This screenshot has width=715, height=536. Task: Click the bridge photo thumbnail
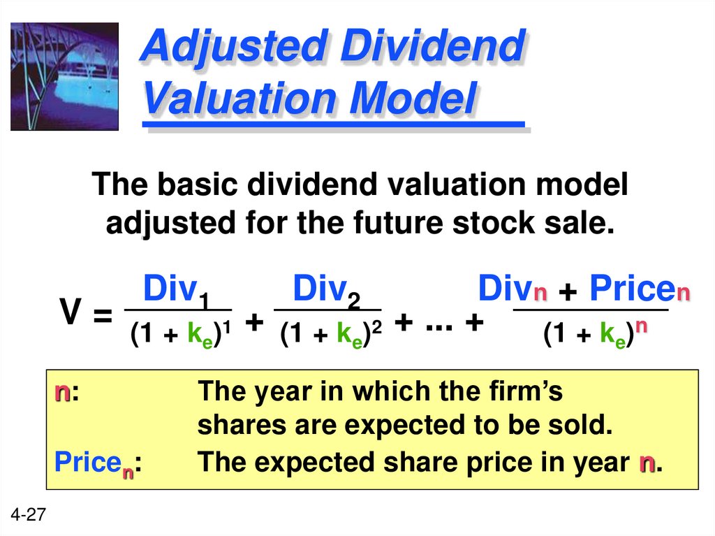(64, 76)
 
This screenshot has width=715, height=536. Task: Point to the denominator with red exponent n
(591, 335)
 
